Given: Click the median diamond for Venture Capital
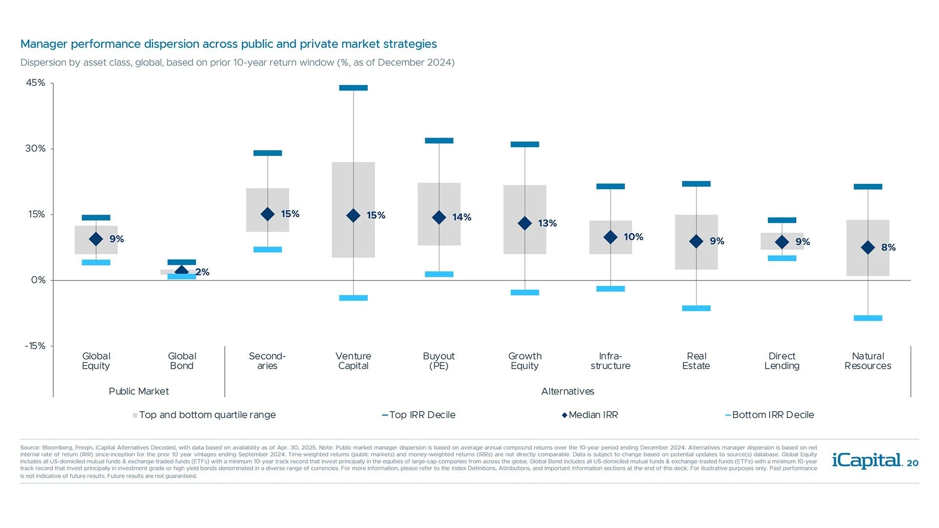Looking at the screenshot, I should coord(353,215).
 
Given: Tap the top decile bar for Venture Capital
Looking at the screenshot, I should coord(353,88).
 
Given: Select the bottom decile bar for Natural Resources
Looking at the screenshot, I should coord(868,318).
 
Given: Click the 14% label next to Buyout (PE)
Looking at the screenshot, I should coord(461,217).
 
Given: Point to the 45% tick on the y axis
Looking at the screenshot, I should coord(36,83).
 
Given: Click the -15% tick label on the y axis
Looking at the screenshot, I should coord(35,346).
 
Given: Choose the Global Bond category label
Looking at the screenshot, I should coord(181,361).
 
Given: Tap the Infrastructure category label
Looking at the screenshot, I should coord(610,361).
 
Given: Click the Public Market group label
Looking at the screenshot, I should coord(138,391).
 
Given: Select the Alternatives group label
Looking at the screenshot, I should coord(567,391).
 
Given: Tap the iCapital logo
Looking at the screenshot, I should coord(867,461).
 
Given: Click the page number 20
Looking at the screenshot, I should coord(913,463).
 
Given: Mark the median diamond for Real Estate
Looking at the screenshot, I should coord(696,241).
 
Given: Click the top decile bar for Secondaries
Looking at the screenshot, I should coord(268,153).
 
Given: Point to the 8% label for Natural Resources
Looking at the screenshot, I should coord(888,247).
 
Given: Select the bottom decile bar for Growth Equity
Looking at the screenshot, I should coord(525,293).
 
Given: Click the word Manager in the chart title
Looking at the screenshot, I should coord(44,44).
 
